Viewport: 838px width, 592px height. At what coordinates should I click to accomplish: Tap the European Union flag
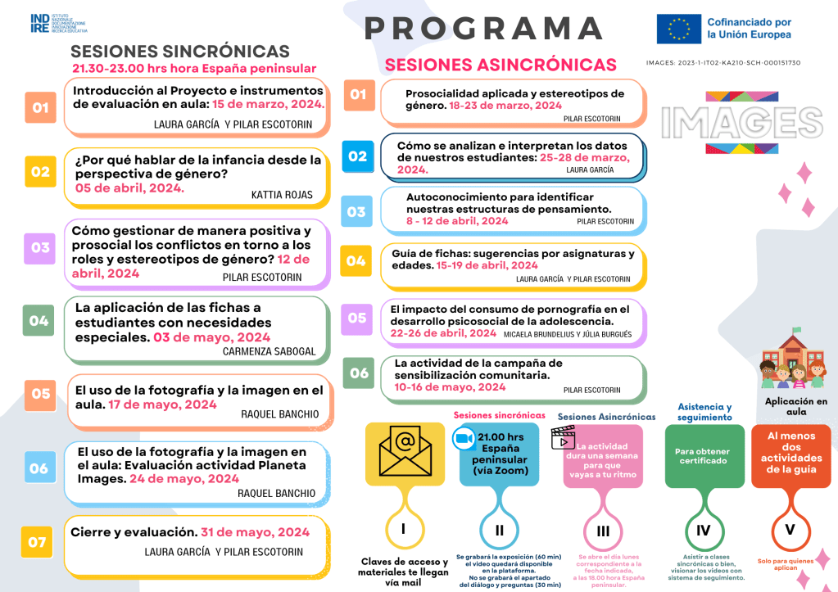(678, 29)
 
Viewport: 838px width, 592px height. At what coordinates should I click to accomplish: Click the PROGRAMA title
(484, 29)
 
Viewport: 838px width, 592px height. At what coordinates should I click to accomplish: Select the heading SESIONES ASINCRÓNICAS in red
(501, 65)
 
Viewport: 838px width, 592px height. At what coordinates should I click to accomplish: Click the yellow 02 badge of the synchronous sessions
(40, 172)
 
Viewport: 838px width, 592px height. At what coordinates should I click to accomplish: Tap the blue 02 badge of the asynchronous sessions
(357, 156)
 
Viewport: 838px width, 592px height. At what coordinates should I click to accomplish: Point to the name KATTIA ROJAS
(276, 196)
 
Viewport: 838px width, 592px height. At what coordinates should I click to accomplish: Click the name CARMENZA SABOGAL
(269, 351)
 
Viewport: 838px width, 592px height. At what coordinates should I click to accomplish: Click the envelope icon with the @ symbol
(404, 450)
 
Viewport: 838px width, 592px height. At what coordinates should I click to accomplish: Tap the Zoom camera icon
(464, 438)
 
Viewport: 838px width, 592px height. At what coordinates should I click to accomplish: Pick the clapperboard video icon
(564, 437)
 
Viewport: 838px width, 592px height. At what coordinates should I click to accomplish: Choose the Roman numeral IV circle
(703, 530)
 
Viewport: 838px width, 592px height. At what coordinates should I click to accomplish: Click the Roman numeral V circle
(790, 529)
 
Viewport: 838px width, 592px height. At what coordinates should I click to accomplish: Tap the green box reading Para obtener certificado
(703, 455)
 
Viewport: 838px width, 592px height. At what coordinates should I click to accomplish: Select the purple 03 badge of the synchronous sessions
(40, 247)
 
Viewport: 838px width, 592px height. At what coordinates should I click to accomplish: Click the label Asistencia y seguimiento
(704, 412)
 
